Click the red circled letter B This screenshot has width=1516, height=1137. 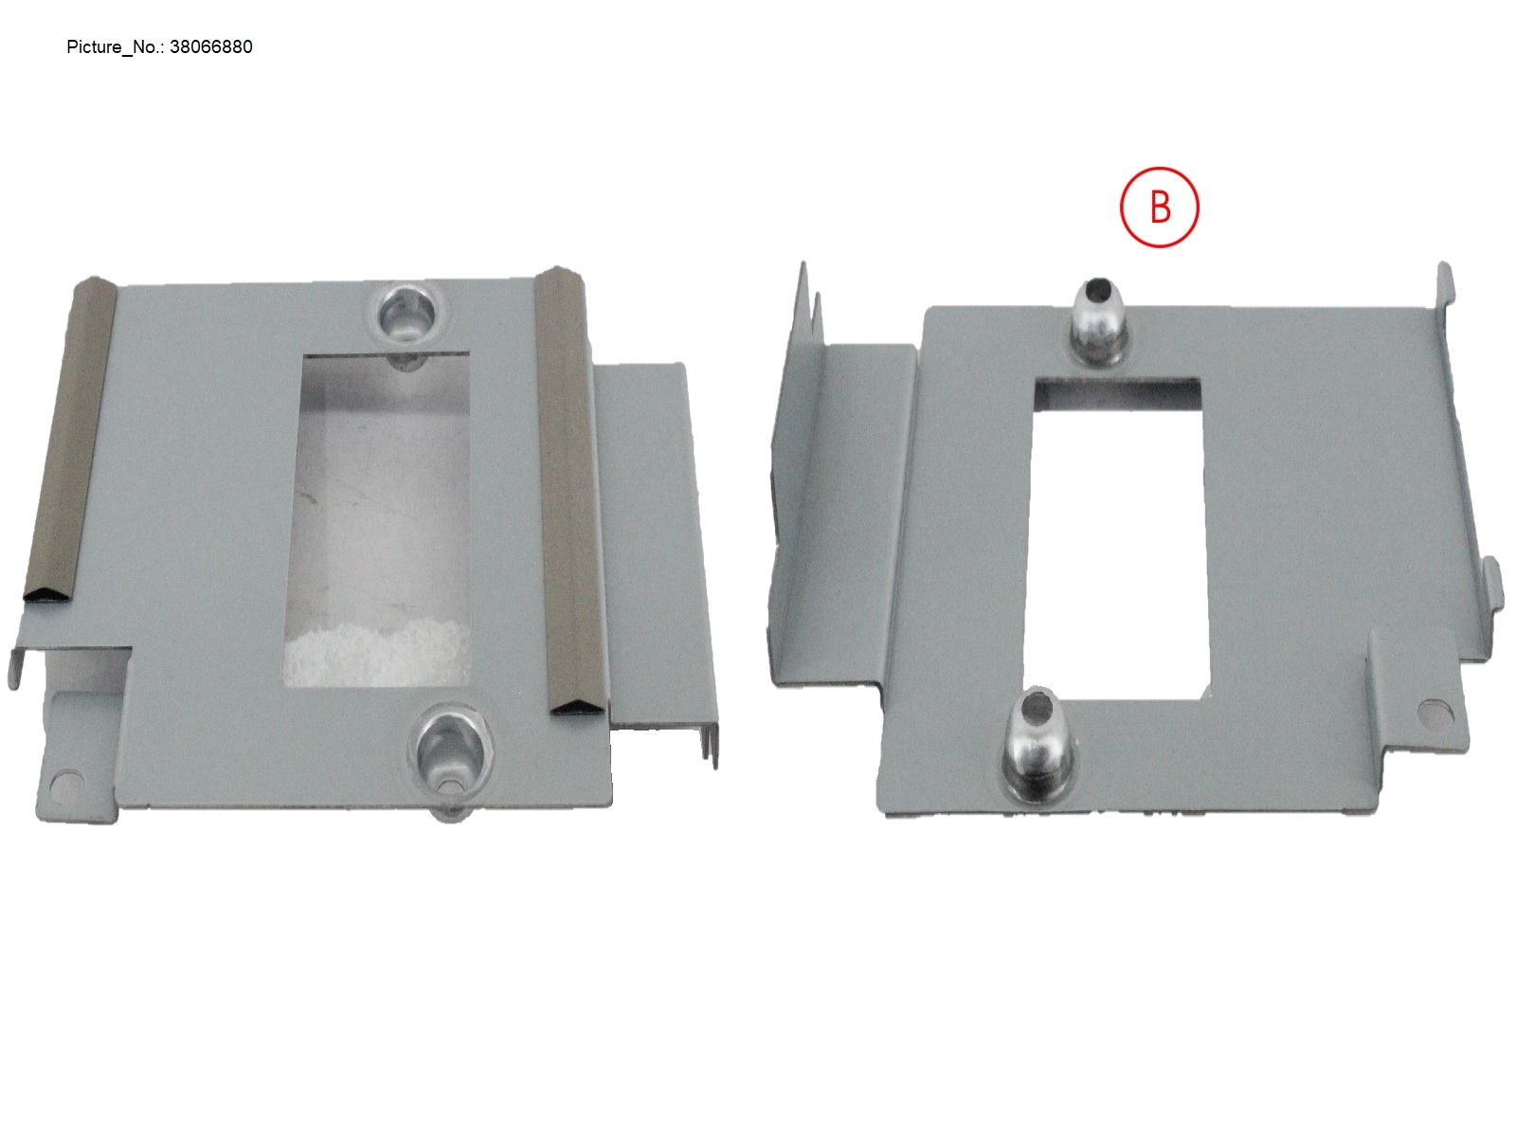pyautogui.click(x=1159, y=208)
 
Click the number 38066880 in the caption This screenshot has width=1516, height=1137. pyautogui.click(x=210, y=47)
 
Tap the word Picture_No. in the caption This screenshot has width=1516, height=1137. pyautogui.click(x=115, y=47)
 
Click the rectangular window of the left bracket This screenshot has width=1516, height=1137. pyautogui.click(x=377, y=520)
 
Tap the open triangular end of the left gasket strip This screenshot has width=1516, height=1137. pyautogui.click(x=47, y=594)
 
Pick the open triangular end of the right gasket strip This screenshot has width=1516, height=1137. pyautogui.click(x=576, y=706)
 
